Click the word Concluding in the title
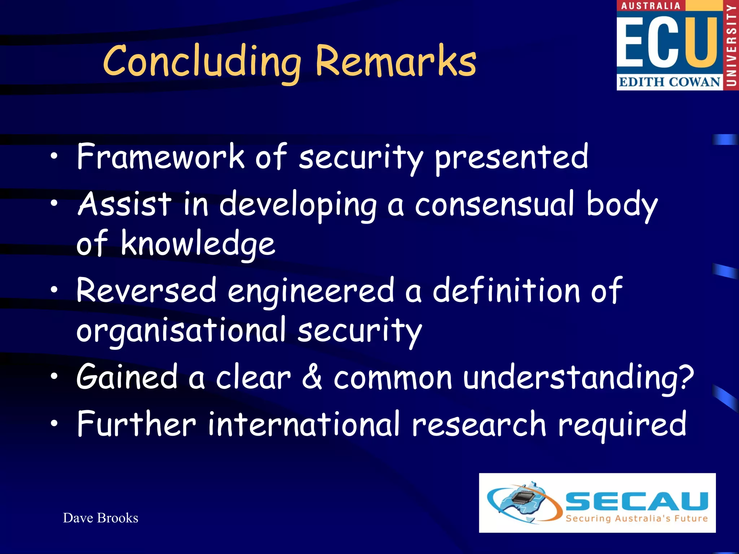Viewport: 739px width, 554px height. click(x=202, y=61)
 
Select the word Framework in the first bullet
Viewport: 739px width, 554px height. click(x=161, y=157)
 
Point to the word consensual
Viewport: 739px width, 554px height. click(x=494, y=205)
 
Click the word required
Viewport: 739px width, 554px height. click(x=622, y=425)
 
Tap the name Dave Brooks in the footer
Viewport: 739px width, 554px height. click(x=101, y=518)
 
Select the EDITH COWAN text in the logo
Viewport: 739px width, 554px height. click(x=669, y=82)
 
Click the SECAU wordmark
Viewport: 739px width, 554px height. click(x=637, y=501)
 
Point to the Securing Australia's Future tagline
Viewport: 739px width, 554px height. click(x=637, y=519)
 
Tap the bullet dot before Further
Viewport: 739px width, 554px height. click(x=54, y=423)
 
